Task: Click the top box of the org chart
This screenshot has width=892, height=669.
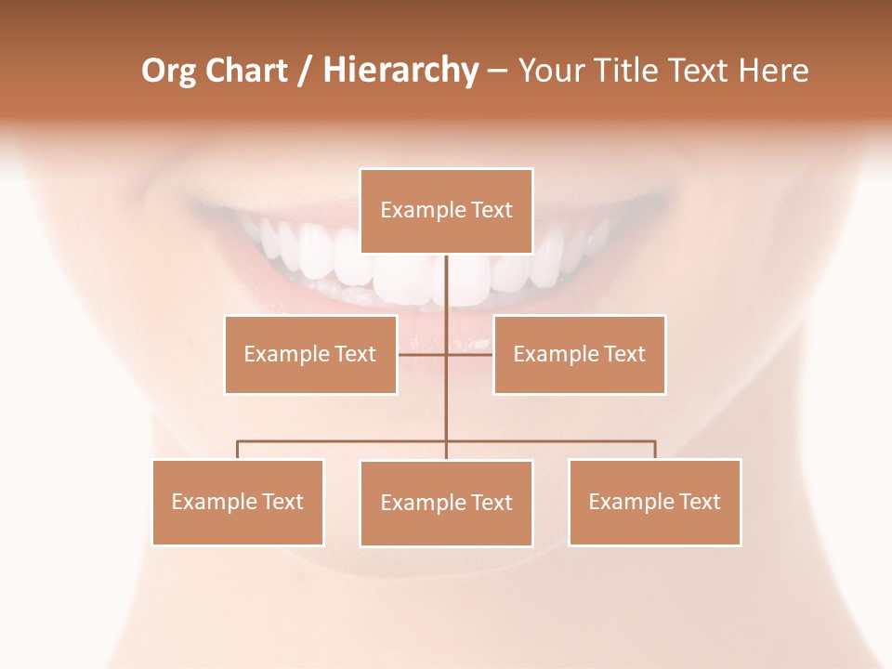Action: coord(446,211)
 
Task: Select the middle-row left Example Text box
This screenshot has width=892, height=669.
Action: coord(310,354)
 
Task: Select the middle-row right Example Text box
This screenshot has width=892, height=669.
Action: coord(579,354)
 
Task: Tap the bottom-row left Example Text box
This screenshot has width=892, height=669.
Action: coord(238,502)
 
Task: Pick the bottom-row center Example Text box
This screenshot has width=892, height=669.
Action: coord(446,503)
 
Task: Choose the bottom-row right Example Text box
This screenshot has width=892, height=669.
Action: coord(654,502)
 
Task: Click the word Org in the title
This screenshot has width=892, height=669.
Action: coord(168,71)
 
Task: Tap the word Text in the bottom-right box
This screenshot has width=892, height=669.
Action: coord(700,502)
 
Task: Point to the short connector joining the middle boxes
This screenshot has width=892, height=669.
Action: coord(423,354)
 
